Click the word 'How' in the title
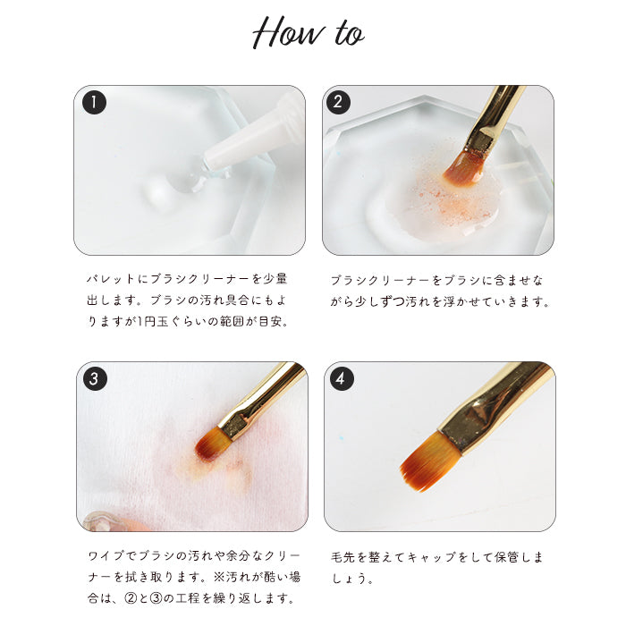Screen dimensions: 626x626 tap(288, 32)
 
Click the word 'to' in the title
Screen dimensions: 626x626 tap(349, 34)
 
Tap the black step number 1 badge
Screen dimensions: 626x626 tap(94, 103)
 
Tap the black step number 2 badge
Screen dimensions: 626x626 tap(339, 102)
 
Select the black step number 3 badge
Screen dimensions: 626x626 tap(95, 378)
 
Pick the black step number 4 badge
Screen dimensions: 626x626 tap(342, 378)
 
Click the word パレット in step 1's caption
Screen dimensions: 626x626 tap(111, 279)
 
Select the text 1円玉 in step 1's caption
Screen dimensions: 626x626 tap(153, 321)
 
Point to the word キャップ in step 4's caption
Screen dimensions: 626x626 tap(432, 557)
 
